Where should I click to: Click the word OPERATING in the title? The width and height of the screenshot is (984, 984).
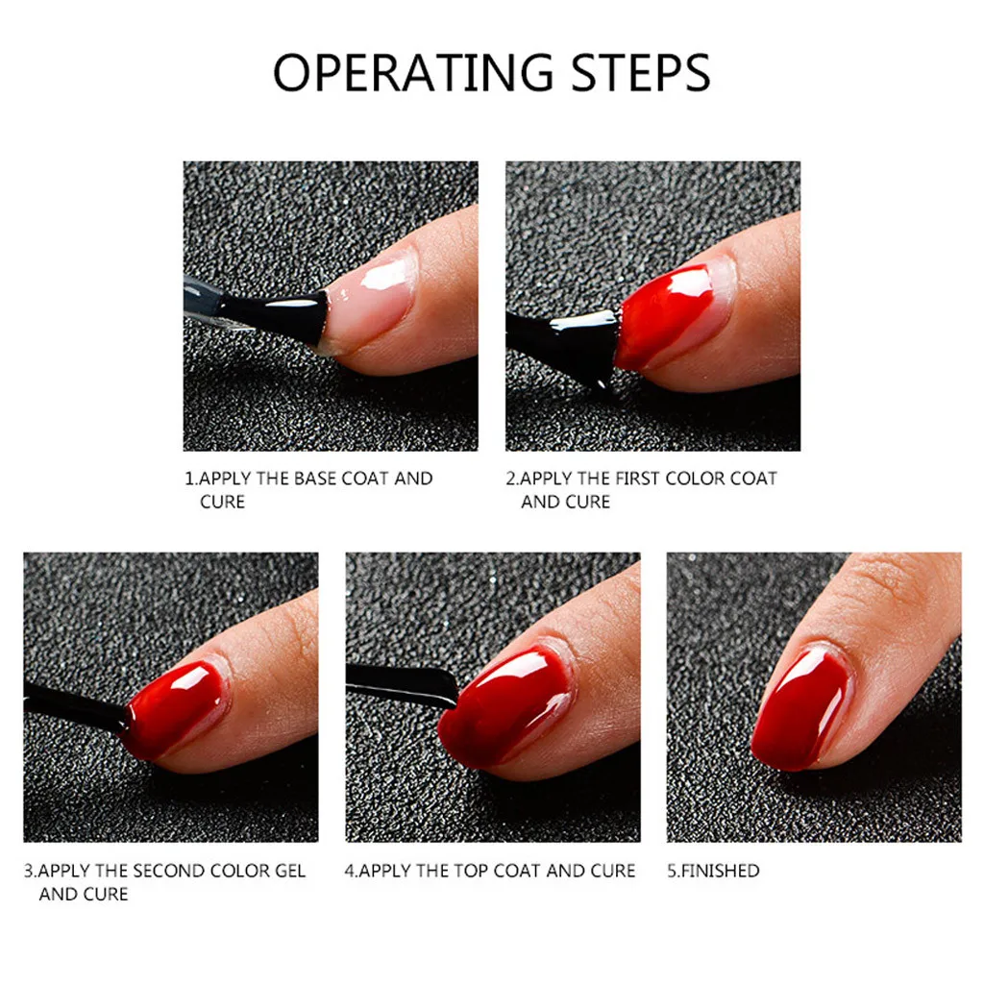[x=413, y=73]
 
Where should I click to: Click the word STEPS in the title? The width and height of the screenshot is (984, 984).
[x=641, y=73]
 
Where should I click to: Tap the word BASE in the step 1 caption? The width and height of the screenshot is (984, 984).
[x=315, y=479]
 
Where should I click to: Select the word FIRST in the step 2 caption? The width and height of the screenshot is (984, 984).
[x=637, y=479]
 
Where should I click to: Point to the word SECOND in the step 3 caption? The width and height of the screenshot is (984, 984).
[x=169, y=871]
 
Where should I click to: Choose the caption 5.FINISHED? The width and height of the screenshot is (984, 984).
[x=713, y=871]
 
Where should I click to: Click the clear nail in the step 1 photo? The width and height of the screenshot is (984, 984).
[x=370, y=298]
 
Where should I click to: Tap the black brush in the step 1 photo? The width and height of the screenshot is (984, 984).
[x=270, y=314]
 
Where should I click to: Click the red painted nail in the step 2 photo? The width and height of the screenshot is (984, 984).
[x=665, y=317]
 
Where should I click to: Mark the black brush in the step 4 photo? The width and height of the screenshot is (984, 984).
[x=402, y=685]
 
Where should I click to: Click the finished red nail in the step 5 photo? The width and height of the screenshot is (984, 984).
[x=803, y=706]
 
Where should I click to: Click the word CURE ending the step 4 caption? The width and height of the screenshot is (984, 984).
[x=613, y=871]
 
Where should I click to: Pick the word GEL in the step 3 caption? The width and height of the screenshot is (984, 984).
[x=290, y=871]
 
